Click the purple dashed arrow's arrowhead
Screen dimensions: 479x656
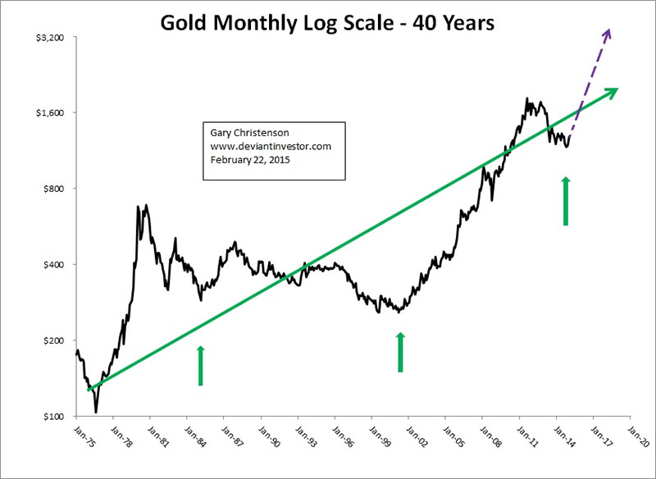[x=608, y=34]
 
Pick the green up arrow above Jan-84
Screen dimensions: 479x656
[x=200, y=365]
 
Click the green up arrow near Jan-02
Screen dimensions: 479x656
[x=400, y=351]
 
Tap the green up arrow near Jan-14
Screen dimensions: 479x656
[x=565, y=199]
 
